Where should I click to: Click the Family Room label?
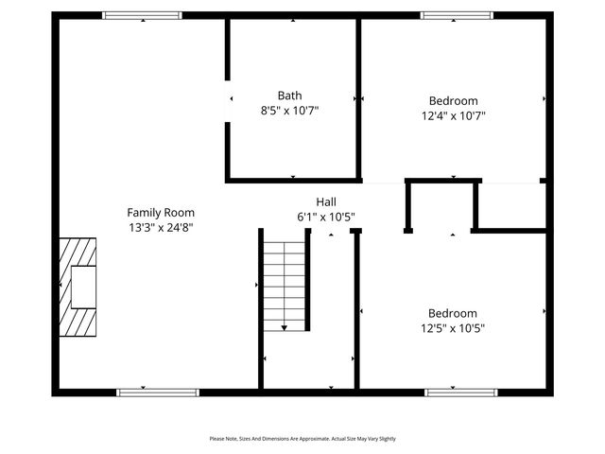coord(161,213)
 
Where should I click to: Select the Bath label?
coord(290,96)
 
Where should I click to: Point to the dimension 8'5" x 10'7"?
coord(290,111)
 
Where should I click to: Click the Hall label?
coord(326,201)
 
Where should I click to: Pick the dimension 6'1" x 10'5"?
coord(326,217)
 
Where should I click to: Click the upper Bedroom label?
coord(453,100)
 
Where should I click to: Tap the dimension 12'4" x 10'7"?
coord(453,115)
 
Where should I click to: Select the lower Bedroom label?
coord(452,313)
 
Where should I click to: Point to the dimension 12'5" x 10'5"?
coord(452,328)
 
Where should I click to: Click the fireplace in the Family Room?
coord(78,287)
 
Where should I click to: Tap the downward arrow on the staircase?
coord(284,325)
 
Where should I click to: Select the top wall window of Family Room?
coord(142,15)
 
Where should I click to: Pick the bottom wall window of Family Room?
coord(158,391)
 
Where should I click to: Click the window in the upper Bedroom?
coord(456,15)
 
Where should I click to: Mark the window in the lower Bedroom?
coord(460,391)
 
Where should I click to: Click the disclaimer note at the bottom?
coord(302,439)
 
